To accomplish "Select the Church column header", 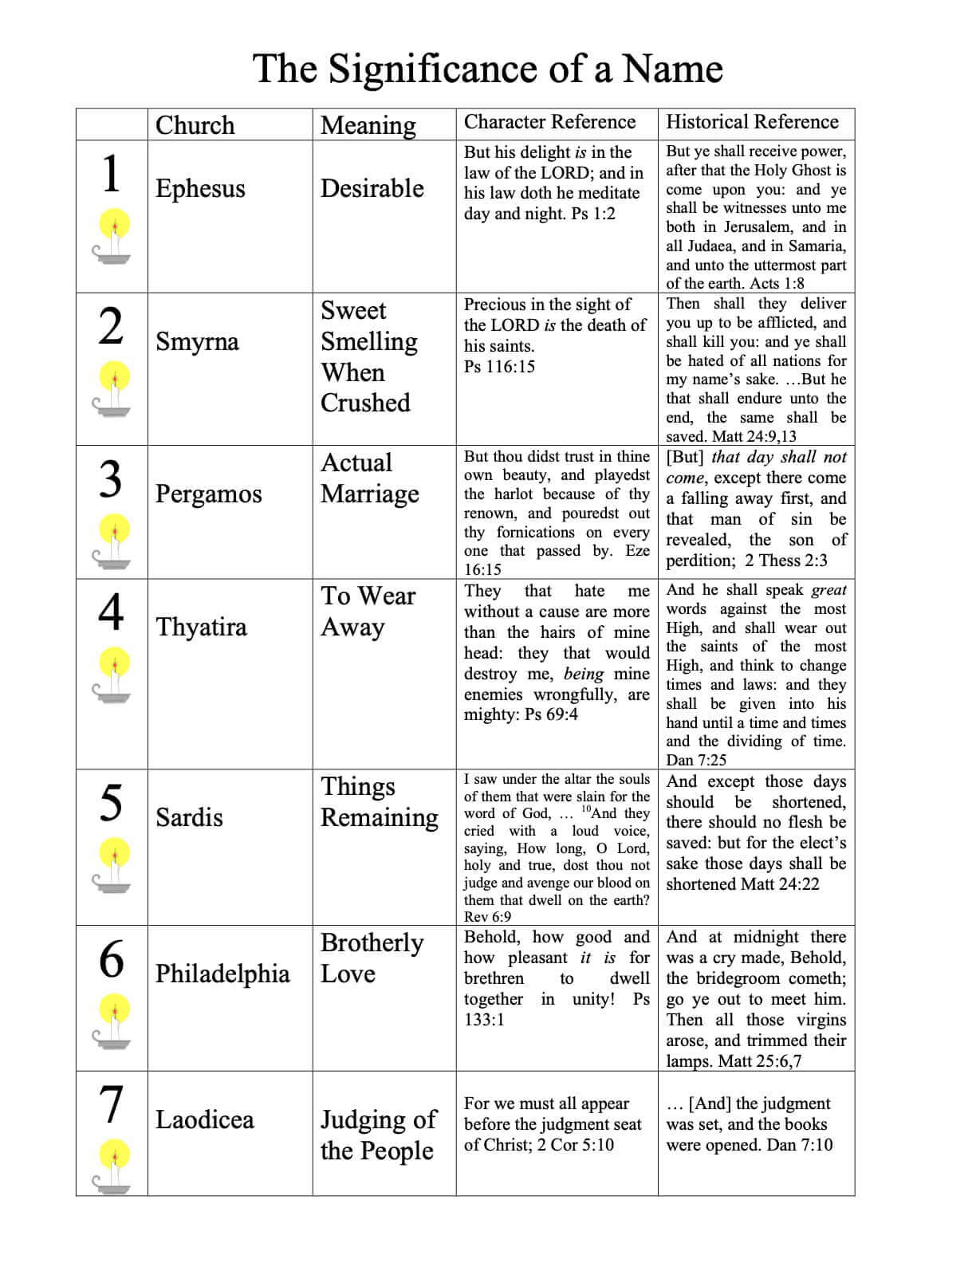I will pyautogui.click(x=195, y=125).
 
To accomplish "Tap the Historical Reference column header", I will pyautogui.click(x=752, y=122).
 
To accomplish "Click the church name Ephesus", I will pyautogui.click(x=200, y=188).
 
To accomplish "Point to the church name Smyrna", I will pyautogui.click(x=197, y=341).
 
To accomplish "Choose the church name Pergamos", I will pyautogui.click(x=208, y=494).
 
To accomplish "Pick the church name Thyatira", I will pyautogui.click(x=201, y=627).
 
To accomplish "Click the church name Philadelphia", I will pyautogui.click(x=222, y=974).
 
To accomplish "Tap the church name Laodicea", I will pyautogui.click(x=204, y=1119).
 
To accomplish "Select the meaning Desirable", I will pyautogui.click(x=372, y=188).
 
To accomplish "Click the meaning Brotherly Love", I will pyautogui.click(x=372, y=958).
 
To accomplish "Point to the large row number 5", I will pyautogui.click(x=112, y=802).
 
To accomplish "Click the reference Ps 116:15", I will pyautogui.click(x=499, y=367).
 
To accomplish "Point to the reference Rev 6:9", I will pyautogui.click(x=487, y=917).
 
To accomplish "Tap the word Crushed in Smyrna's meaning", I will pyautogui.click(x=365, y=403).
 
